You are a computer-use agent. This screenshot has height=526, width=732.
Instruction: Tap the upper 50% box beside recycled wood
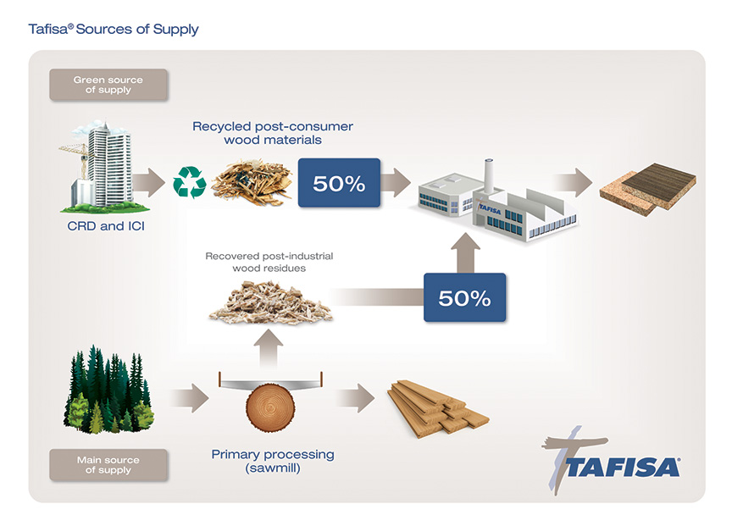click(x=339, y=182)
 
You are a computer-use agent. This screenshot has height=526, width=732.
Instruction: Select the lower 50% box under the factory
click(x=464, y=297)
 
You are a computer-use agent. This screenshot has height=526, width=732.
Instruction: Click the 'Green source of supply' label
click(x=108, y=85)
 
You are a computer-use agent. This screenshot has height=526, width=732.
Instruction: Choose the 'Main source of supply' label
click(x=108, y=465)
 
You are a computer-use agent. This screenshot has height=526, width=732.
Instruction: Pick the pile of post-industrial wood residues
click(x=269, y=302)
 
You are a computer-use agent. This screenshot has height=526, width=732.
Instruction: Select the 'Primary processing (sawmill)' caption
click(x=273, y=462)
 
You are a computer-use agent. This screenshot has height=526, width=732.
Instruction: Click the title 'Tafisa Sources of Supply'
click(x=114, y=30)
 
